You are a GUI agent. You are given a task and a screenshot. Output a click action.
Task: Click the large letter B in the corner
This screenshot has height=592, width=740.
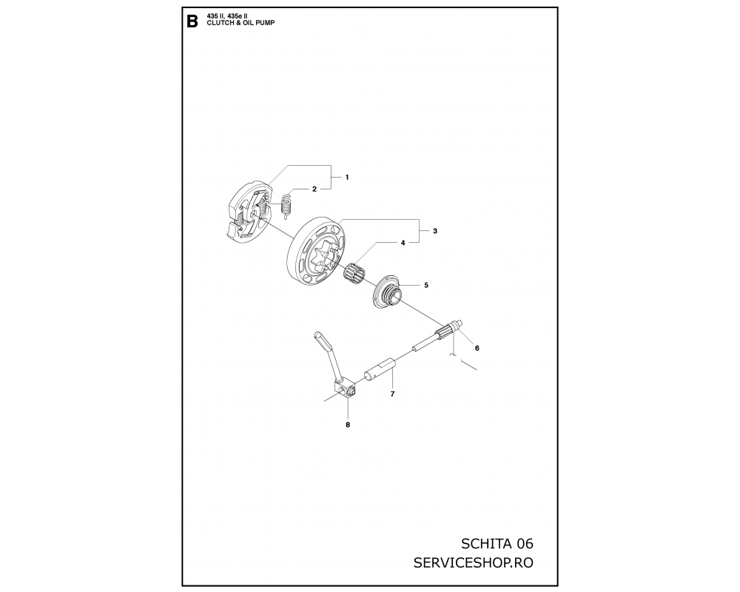click(x=192, y=21)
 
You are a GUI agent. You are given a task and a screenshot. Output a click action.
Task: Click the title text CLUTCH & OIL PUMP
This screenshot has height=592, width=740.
click(x=240, y=23)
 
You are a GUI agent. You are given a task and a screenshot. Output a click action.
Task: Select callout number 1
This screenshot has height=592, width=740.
click(x=347, y=178)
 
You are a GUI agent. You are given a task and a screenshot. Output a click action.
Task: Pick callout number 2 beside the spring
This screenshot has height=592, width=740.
click(x=314, y=189)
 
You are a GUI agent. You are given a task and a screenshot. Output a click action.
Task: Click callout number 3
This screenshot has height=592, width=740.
click(x=435, y=231)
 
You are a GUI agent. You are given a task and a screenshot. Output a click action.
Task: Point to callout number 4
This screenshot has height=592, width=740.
click(x=403, y=243)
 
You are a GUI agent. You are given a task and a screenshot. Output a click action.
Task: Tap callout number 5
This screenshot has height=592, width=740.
click(x=426, y=285)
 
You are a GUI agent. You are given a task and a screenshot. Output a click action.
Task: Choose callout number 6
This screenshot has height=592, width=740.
click(x=477, y=349)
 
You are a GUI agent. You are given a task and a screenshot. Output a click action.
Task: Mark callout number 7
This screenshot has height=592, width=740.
click(x=392, y=394)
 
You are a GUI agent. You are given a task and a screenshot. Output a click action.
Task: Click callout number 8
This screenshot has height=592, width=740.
click(x=348, y=425)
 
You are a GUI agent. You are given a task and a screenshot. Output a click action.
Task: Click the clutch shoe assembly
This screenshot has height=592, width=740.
click(x=249, y=212)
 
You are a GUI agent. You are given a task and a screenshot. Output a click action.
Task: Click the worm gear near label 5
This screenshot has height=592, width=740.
click(x=386, y=294)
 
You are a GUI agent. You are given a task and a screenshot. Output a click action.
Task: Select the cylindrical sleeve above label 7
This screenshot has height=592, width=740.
click(x=380, y=369)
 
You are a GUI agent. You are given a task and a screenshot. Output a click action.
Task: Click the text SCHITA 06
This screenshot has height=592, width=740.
click(x=497, y=544)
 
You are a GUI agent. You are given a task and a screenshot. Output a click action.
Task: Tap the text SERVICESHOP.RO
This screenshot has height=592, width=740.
click(x=474, y=563)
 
